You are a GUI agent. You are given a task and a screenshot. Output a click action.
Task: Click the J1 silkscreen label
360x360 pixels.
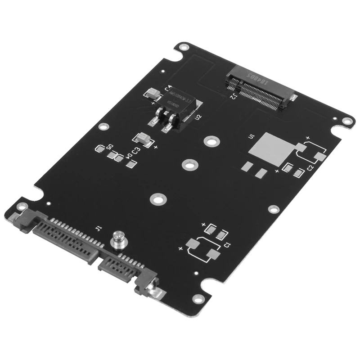click(99, 228)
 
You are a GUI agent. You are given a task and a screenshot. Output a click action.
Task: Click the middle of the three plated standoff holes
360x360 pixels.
click(189, 165)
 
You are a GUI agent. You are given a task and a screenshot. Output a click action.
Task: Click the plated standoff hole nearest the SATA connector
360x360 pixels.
click(157, 198)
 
